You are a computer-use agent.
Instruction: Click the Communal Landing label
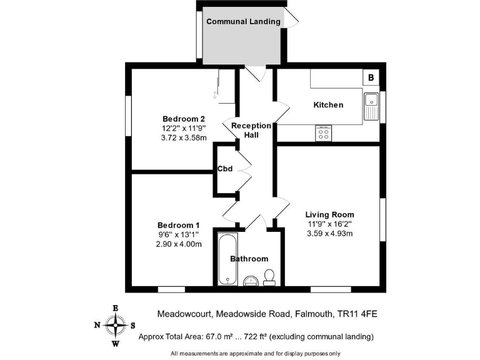coord(243,21)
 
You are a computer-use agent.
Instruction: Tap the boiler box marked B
coord(371,77)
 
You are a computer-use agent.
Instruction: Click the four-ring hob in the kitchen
coord(324,133)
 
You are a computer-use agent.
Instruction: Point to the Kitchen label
coord(328,105)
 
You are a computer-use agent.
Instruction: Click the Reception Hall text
coord(251,130)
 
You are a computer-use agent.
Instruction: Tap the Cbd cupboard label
coord(225,169)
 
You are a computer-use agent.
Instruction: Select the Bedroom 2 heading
coord(184,119)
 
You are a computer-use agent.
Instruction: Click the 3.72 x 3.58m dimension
coord(184,138)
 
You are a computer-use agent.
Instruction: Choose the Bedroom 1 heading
coord(179,225)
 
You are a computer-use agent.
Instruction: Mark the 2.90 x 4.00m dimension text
coord(179,244)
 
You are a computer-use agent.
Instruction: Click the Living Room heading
coord(329,214)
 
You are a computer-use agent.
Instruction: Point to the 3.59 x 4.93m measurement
coord(329,234)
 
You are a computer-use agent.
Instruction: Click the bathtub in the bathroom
coord(227,258)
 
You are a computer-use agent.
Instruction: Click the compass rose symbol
coord(115,325)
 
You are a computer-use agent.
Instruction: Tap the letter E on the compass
coord(115,308)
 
